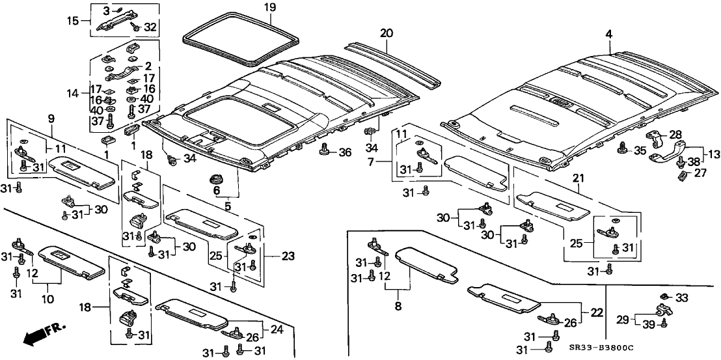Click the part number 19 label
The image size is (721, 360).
(234, 8)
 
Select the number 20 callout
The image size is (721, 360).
(387, 33)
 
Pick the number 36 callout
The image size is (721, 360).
(344, 152)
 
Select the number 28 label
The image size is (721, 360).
(675, 134)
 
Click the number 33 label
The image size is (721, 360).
(681, 298)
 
